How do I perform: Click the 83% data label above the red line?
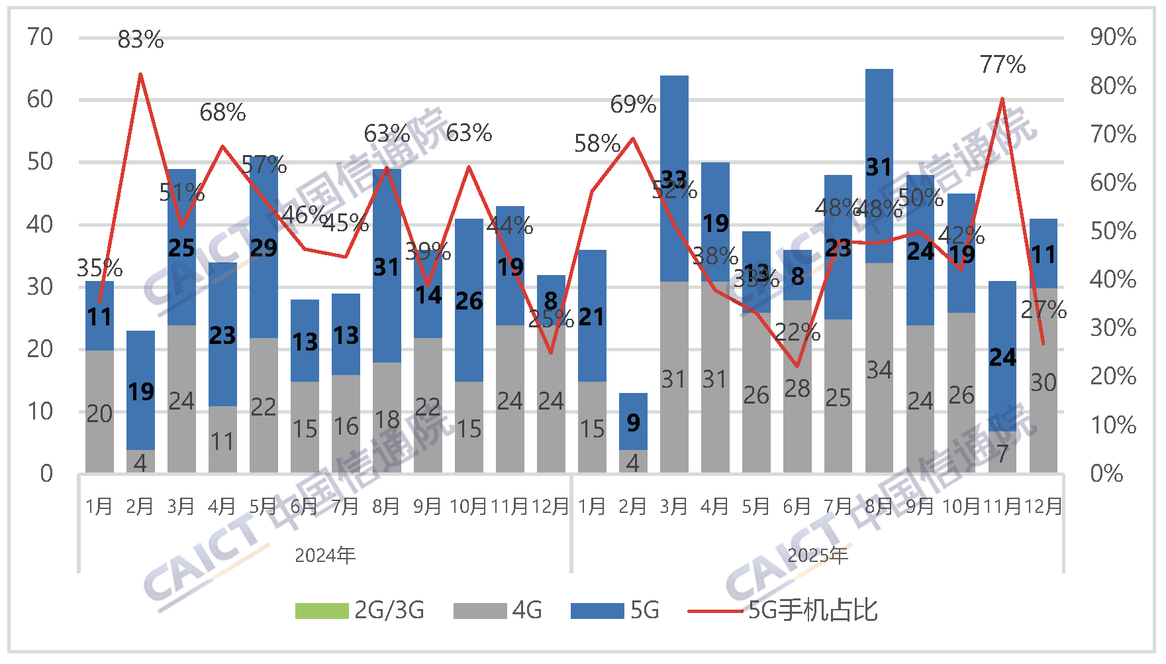point(140,40)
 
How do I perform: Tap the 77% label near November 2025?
point(1002,65)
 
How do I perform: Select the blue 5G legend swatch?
point(597,610)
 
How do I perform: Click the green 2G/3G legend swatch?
point(322,610)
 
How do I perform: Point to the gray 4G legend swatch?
point(480,610)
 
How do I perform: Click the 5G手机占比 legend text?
point(812,610)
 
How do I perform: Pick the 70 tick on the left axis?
point(40,37)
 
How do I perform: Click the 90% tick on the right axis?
point(1113,37)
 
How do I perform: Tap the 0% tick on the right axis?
point(1106,474)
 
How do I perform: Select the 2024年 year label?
point(325,555)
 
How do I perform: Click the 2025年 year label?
point(818,555)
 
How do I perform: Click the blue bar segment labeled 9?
point(633,421)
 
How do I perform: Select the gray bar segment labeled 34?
point(879,368)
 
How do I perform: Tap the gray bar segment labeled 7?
point(1002,453)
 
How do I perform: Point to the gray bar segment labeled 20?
point(99,412)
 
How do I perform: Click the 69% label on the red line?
point(633,105)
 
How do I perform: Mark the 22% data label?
point(797,332)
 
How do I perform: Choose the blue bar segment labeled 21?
point(592,316)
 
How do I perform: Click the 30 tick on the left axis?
point(40,287)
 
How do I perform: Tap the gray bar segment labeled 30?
point(1044,382)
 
